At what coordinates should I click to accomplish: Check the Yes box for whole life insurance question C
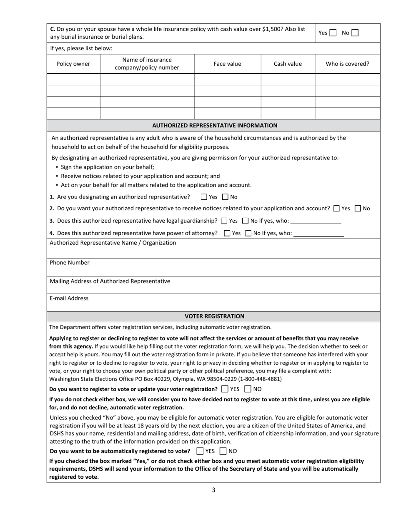point(333,33)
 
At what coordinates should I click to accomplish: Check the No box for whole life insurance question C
point(355,33)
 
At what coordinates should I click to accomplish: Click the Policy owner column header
point(73,64)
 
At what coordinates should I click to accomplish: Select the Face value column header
point(227,64)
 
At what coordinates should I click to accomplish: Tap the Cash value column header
point(288,64)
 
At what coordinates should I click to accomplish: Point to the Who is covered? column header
point(347,64)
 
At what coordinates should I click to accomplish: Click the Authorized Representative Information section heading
point(214,125)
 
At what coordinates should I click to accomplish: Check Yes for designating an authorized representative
point(204,197)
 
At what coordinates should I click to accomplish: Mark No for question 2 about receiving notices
point(358,209)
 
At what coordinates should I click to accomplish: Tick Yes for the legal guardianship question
point(224,221)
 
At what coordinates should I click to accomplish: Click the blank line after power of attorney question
point(319,234)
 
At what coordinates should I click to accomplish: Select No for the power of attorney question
point(248,233)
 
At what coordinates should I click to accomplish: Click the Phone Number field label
point(70,263)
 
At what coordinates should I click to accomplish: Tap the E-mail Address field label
point(69,298)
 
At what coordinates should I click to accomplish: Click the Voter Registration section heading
point(214,316)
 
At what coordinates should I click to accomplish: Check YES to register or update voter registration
point(225,389)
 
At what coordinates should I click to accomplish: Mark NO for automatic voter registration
point(223,451)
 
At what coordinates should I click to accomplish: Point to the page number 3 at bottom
point(213,490)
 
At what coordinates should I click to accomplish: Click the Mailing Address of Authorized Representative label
point(110,281)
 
